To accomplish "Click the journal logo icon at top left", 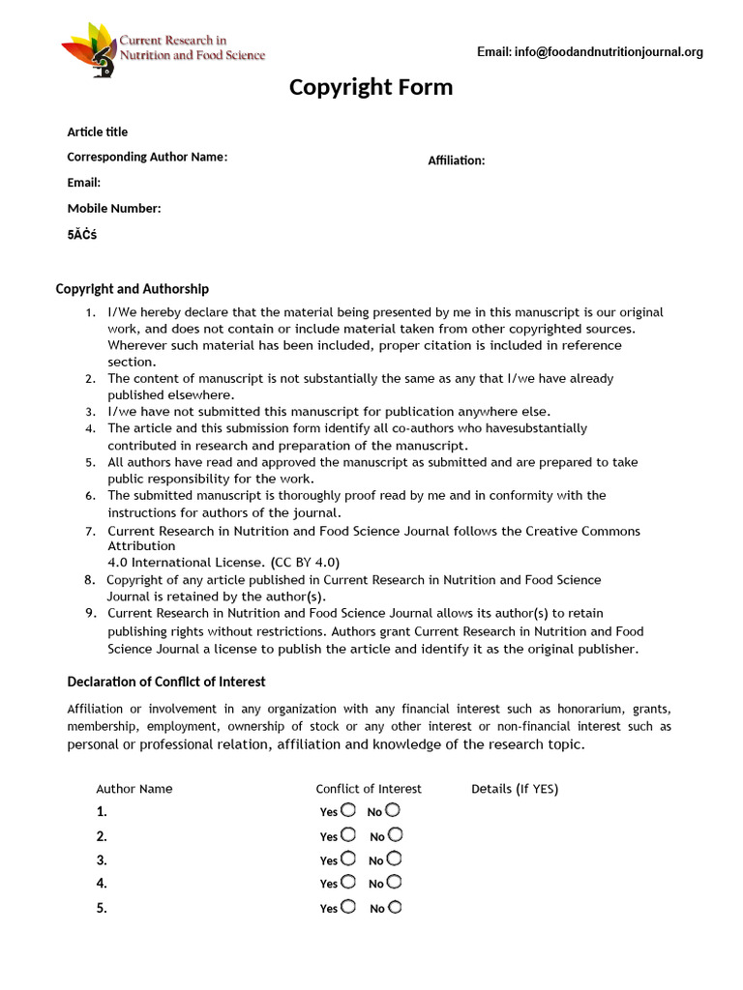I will (89, 48).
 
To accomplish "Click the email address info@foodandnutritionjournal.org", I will (589, 52).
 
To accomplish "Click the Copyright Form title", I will (371, 88).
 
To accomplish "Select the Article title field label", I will (97, 131).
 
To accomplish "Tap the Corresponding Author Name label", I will (147, 157).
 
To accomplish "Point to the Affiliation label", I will (457, 160).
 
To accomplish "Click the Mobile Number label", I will (114, 208).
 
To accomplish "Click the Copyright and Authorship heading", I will (132, 289).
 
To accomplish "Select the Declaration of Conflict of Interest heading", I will (165, 682).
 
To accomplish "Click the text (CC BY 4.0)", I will (306, 562).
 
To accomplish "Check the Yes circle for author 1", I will (348, 810).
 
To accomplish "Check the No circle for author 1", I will (393, 810).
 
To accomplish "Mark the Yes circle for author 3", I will (348, 859).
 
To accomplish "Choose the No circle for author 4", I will (394, 882).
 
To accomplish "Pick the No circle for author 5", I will (395, 907).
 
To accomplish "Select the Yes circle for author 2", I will (348, 834).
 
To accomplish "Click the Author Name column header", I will (134, 789).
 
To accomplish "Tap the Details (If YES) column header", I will (515, 789).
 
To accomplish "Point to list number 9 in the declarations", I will (90, 613).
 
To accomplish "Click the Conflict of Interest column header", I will (369, 789).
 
